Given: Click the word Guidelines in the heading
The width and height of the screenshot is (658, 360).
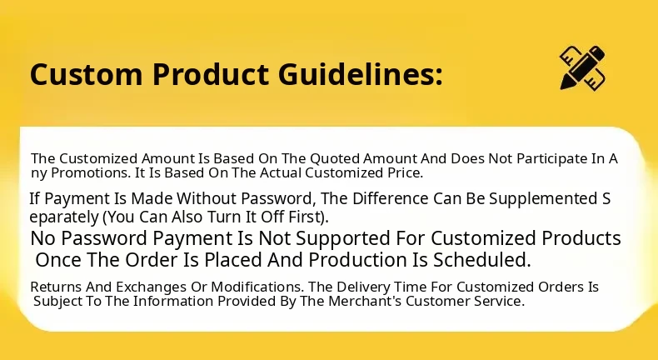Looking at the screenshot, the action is point(360,74).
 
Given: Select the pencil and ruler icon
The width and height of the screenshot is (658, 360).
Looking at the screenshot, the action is point(582,67).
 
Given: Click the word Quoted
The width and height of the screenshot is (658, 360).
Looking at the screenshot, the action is point(335,159).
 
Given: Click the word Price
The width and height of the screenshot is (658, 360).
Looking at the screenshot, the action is point(405,172).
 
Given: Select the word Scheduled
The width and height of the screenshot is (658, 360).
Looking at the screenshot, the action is point(481,260).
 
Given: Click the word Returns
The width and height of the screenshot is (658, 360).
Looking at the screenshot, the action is point(57,287).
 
